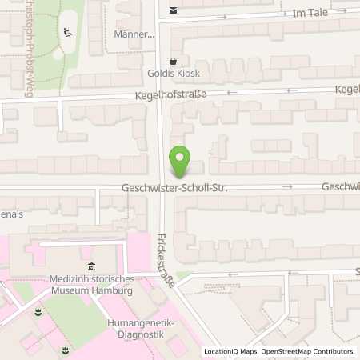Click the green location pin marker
click(x=180, y=163)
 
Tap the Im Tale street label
click(x=310, y=14)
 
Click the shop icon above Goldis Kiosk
click(x=173, y=61)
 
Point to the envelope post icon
click(x=174, y=11)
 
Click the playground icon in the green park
click(x=68, y=33)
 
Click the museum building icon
click(x=90, y=266)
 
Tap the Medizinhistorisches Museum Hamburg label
click(x=90, y=284)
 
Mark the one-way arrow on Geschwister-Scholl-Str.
click(x=289, y=186)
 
